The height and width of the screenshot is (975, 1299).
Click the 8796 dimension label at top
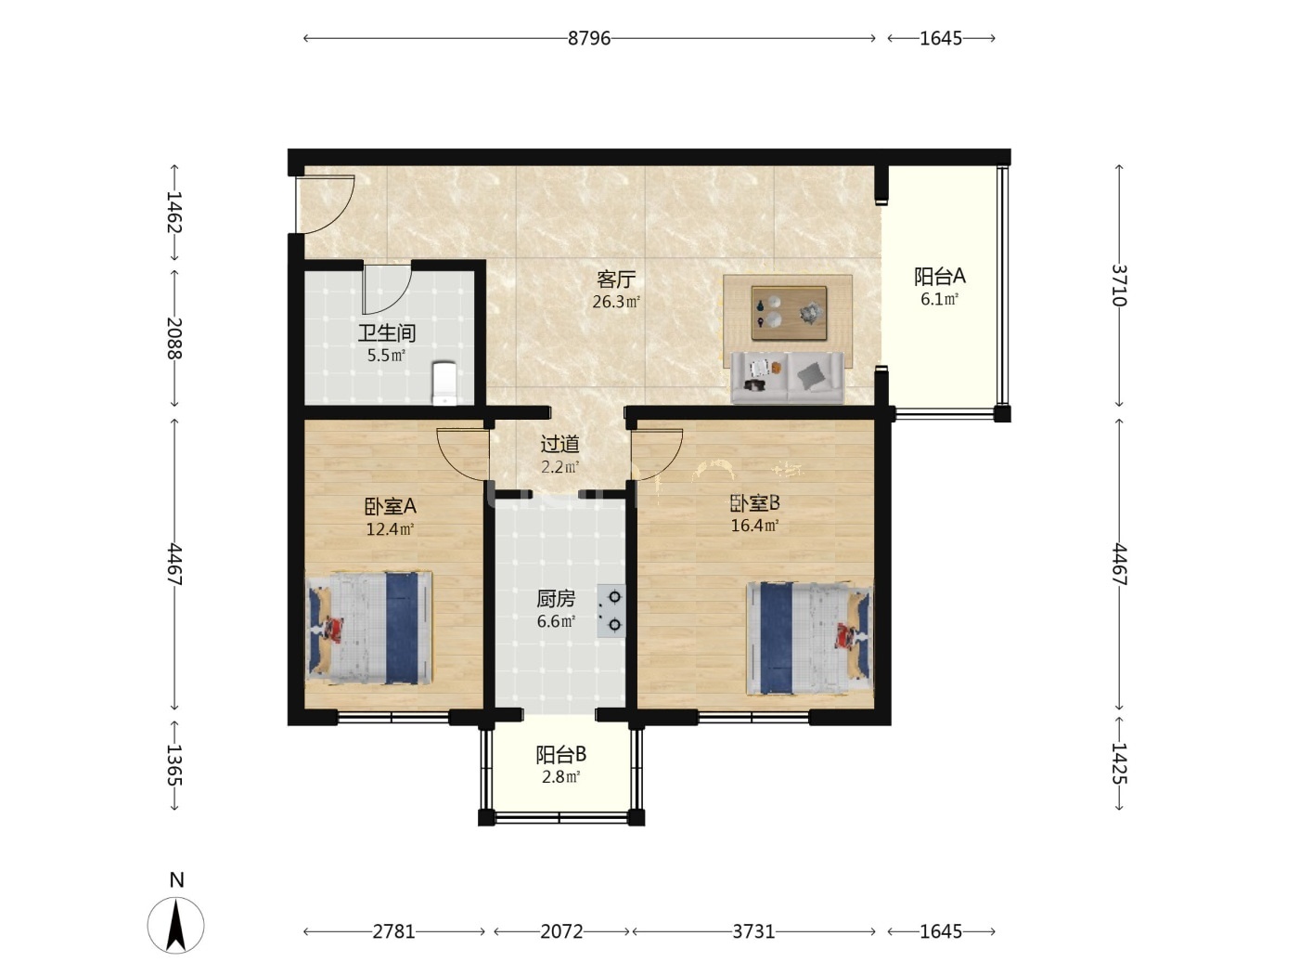588,38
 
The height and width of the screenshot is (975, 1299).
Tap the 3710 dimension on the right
1118,285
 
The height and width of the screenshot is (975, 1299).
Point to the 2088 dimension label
174,339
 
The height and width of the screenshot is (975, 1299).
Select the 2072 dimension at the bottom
561,931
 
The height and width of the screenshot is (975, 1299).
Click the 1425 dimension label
1118,762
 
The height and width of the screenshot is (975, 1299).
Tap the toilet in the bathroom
444,383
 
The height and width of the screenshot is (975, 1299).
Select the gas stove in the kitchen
611,610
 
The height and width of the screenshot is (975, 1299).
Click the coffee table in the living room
789,313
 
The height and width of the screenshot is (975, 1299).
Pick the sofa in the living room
788,378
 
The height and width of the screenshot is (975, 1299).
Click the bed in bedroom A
369,628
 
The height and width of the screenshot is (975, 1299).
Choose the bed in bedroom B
809,638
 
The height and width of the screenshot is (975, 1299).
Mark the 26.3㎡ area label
616,302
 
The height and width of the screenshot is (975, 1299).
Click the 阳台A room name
939,276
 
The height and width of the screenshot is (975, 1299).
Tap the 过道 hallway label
559,444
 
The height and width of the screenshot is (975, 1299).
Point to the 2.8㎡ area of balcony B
560,776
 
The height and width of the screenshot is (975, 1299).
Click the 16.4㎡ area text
754,525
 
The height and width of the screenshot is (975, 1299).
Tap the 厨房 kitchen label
556,599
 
